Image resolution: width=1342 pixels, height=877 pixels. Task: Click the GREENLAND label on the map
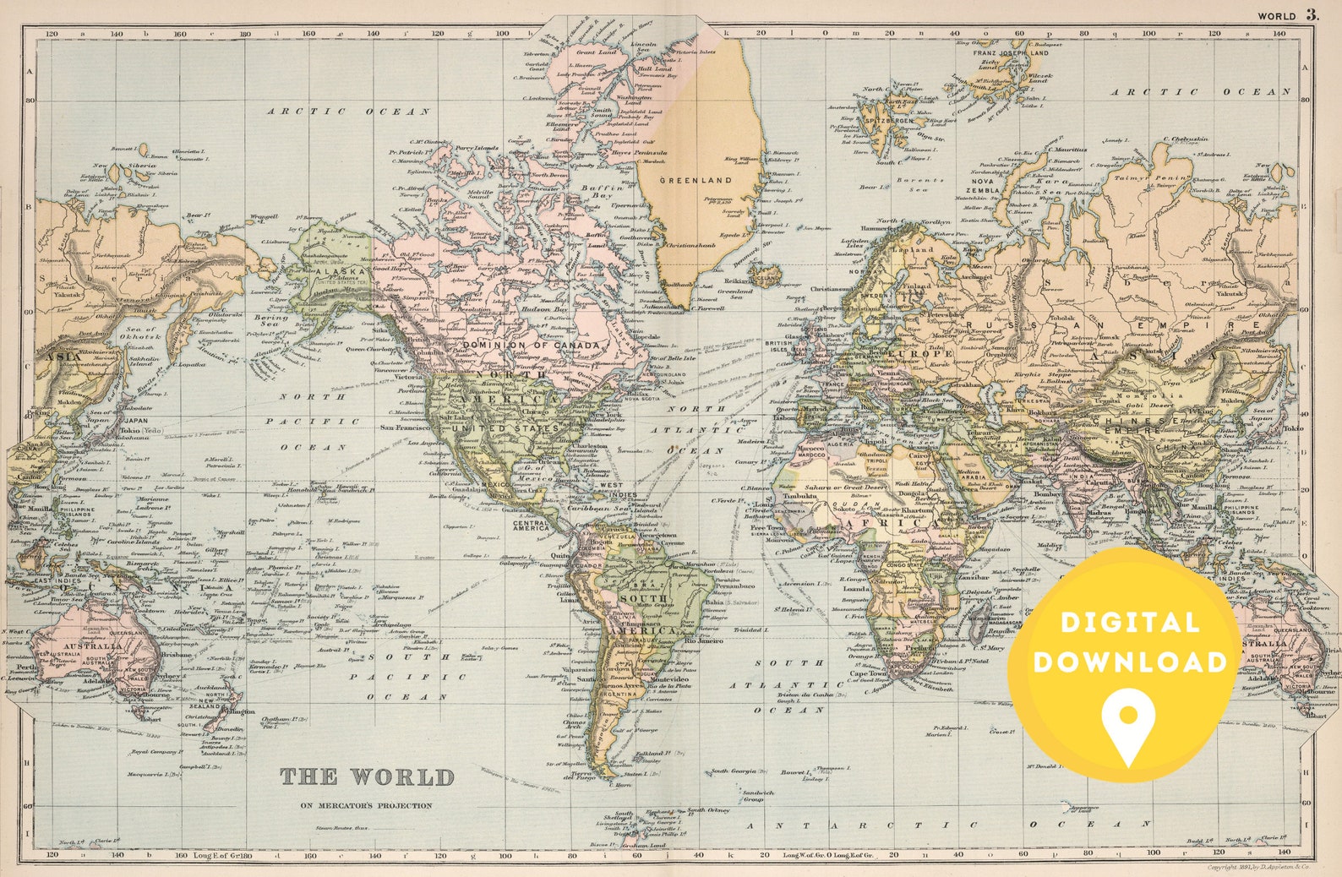pos(684,180)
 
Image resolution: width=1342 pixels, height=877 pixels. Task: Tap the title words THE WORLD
pos(367,776)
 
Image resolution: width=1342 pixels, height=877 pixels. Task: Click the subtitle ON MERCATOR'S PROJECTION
pos(366,805)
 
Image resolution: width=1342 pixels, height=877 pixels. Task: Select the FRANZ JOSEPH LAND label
pos(1011,53)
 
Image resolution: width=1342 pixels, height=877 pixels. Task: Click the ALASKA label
pos(341,271)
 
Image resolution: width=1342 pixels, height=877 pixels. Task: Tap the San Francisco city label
pos(404,428)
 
